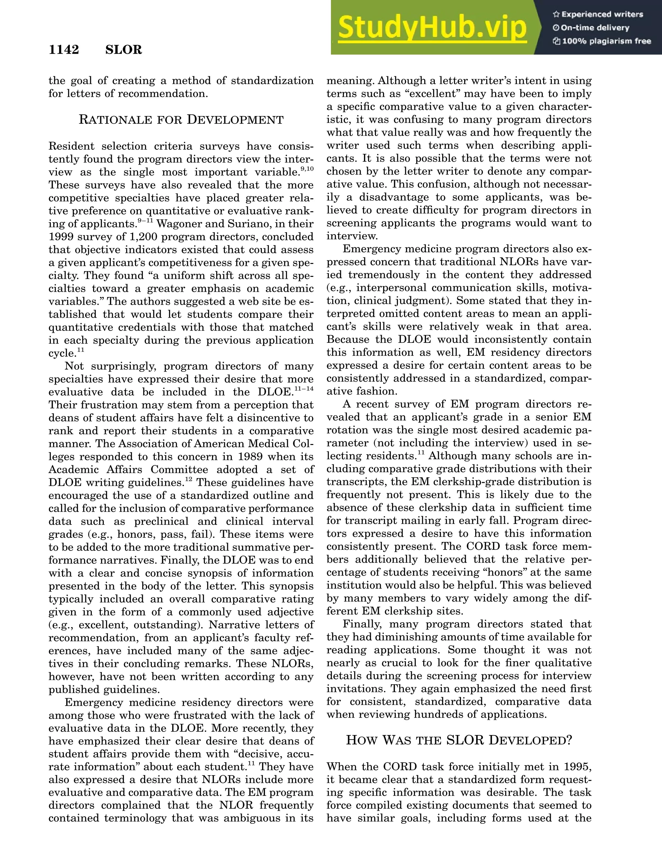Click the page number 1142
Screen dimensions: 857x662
[x=64, y=50]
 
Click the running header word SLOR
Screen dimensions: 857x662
[x=123, y=50]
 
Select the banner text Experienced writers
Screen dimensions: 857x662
[x=602, y=15]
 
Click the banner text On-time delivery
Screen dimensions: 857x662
[x=595, y=28]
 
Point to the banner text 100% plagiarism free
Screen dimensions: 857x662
[x=606, y=41]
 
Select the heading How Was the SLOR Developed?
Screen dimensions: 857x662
[x=459, y=741]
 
